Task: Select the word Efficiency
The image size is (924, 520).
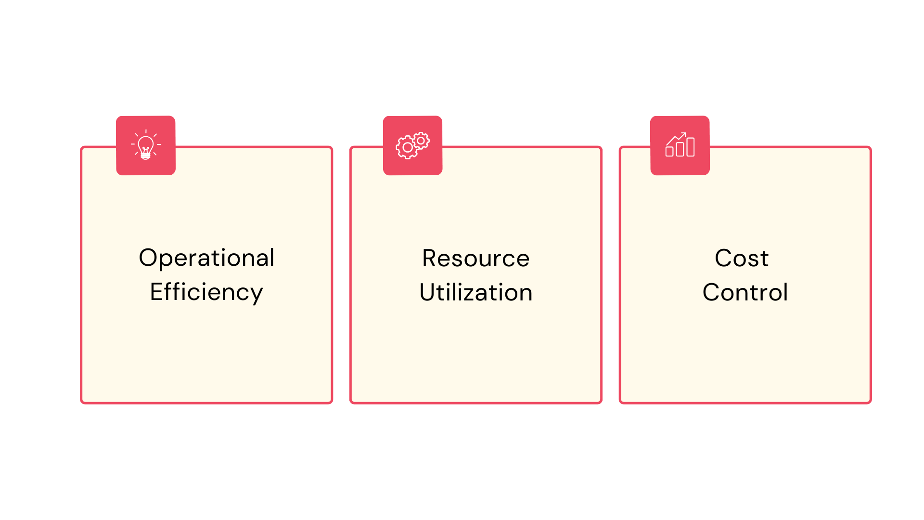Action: coord(206,293)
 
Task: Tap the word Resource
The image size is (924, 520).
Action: coord(476,258)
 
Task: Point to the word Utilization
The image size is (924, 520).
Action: coord(476,292)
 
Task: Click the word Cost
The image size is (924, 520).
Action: coord(742,258)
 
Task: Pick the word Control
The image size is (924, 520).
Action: coord(745,292)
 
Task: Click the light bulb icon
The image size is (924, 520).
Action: coord(146,145)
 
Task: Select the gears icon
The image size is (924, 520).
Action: coord(412,145)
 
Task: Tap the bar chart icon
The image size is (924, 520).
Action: coord(680,144)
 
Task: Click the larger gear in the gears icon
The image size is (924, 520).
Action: coord(408,148)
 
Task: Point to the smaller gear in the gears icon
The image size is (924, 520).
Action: coord(421,141)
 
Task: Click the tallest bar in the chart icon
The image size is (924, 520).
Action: coord(691,147)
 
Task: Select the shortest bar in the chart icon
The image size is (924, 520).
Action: coord(669,152)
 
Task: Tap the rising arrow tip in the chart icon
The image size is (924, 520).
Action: coord(685,133)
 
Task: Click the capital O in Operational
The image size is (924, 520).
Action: coord(149,258)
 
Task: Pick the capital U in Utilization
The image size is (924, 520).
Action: coord(428,292)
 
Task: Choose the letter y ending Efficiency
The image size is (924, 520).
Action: coord(257,296)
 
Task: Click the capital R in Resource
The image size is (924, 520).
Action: coord(430,258)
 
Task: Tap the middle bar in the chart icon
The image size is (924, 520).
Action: coord(680,149)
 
